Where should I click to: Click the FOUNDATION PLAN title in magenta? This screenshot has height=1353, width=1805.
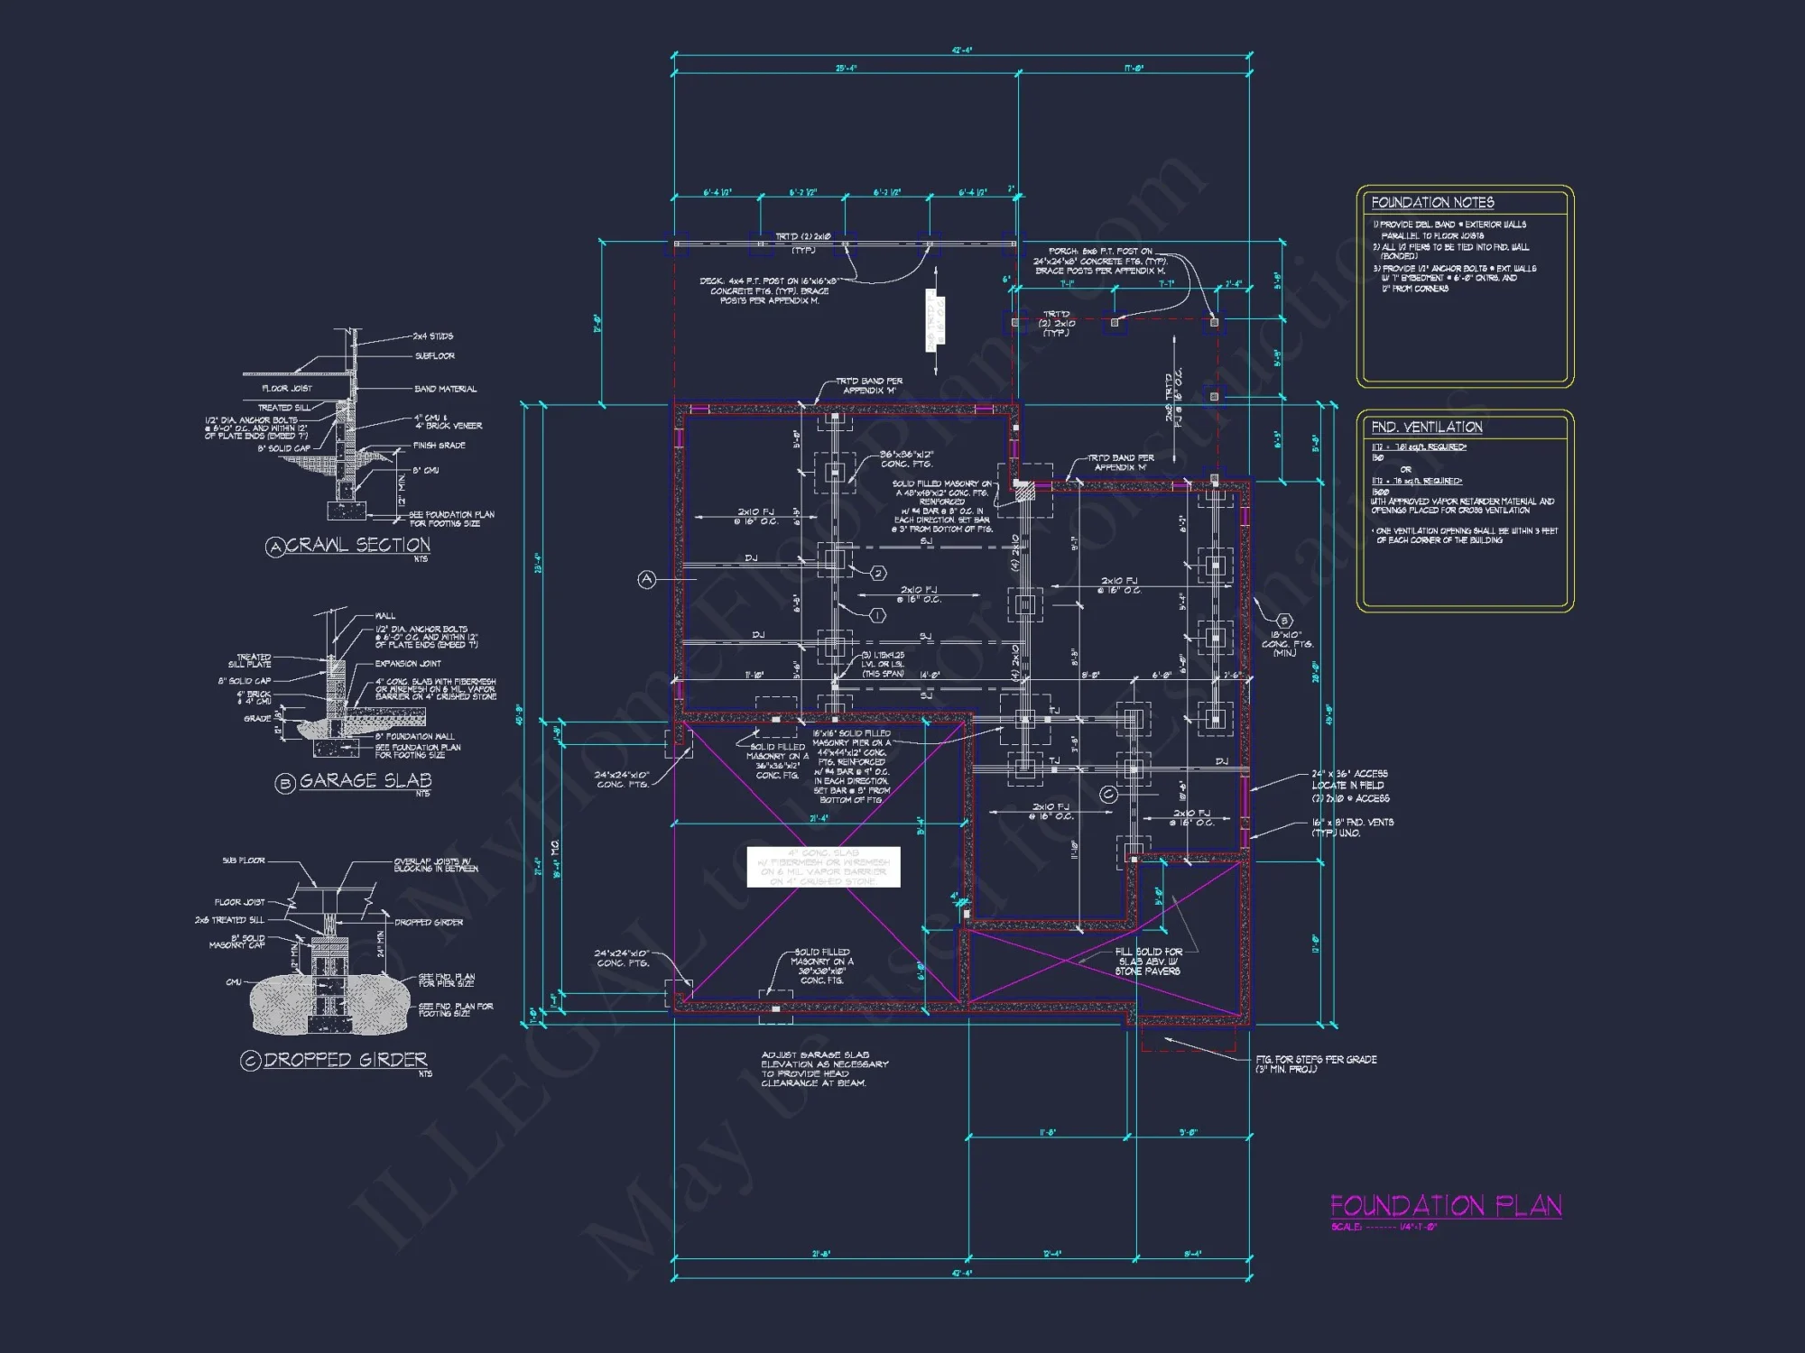click(x=1445, y=1206)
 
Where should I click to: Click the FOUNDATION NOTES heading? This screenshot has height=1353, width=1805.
click(x=1432, y=203)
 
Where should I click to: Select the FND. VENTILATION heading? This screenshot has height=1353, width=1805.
click(x=1427, y=428)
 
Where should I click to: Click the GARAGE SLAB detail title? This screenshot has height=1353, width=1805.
click(x=365, y=781)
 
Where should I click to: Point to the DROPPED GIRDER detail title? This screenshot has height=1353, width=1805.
click(x=345, y=1060)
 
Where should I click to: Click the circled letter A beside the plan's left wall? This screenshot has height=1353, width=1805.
click(x=646, y=580)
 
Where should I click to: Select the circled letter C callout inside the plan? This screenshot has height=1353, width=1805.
click(x=1108, y=795)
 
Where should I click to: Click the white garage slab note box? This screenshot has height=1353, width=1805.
click(x=823, y=867)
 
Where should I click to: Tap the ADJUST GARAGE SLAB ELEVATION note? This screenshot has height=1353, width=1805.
click(x=823, y=1069)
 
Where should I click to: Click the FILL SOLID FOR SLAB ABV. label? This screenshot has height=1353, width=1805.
click(x=1148, y=962)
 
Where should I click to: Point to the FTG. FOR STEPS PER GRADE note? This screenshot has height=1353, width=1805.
click(x=1316, y=1063)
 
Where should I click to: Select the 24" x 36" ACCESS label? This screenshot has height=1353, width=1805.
click(x=1349, y=774)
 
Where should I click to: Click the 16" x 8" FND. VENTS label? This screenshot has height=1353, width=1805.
click(x=1352, y=823)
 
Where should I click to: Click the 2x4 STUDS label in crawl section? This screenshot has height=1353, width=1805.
click(x=433, y=336)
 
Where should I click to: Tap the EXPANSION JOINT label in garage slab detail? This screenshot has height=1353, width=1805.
click(x=408, y=664)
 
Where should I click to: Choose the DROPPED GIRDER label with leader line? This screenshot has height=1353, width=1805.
click(x=429, y=923)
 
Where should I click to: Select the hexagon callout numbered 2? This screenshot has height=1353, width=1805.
click(x=878, y=573)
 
